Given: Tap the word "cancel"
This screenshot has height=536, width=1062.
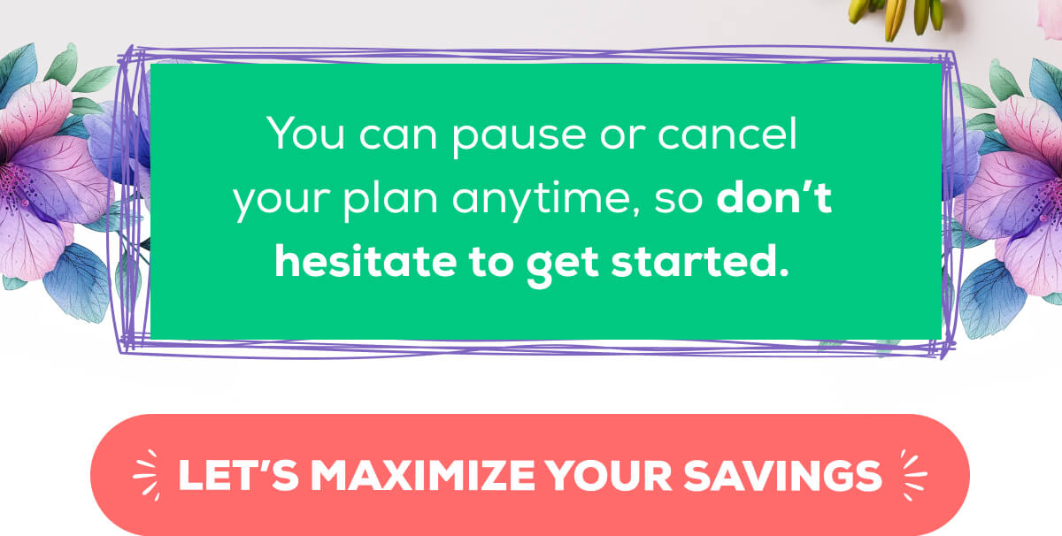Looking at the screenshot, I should click(x=737, y=140).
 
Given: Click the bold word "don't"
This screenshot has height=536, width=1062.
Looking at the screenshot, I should click(x=774, y=202).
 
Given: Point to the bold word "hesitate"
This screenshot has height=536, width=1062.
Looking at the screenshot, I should click(x=351, y=263).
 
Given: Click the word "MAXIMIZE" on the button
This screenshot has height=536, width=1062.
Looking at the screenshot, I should click(x=424, y=475).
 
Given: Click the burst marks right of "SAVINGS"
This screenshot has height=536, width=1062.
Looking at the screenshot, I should click(x=912, y=474).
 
